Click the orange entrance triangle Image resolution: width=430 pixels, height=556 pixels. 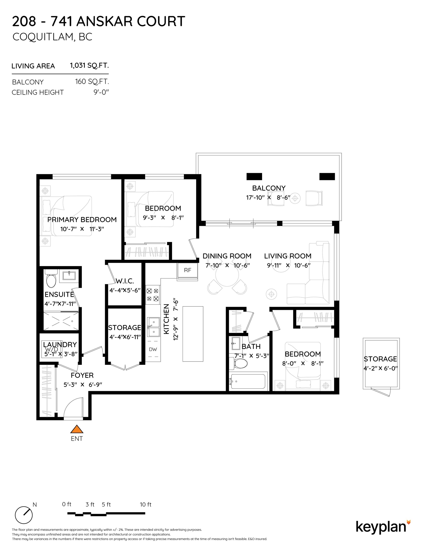tap(77, 429)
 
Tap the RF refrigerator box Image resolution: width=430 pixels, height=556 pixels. tap(188, 270)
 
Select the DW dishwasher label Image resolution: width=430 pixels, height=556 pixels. tap(153, 349)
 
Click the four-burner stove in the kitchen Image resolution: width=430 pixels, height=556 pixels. tap(152, 295)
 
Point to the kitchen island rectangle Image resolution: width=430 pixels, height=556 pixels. tap(193, 334)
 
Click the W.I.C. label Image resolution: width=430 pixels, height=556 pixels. tap(125, 281)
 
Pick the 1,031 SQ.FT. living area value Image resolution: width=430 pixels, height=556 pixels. tap(89, 65)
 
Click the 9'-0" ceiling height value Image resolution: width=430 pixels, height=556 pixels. tap(101, 92)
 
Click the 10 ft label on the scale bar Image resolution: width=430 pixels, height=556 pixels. tap(145, 504)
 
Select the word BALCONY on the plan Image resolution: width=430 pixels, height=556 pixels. tap(269, 188)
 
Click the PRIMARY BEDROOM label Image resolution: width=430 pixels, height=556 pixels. tap(82, 220)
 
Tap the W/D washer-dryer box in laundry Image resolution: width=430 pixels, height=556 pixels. tap(52, 349)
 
